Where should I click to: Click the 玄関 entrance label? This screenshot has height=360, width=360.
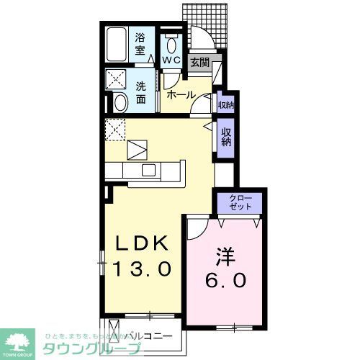(x=199, y=63)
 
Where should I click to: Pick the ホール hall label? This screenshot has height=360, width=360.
(x=180, y=94)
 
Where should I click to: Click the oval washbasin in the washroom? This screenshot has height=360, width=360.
(x=121, y=102)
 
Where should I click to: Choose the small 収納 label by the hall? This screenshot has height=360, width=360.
(x=225, y=105)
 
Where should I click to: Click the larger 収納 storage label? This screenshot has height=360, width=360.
(x=226, y=137)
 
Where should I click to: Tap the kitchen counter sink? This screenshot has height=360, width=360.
(x=149, y=170)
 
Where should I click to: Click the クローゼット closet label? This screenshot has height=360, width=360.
(x=240, y=202)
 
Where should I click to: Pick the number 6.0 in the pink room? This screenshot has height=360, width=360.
(x=224, y=279)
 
